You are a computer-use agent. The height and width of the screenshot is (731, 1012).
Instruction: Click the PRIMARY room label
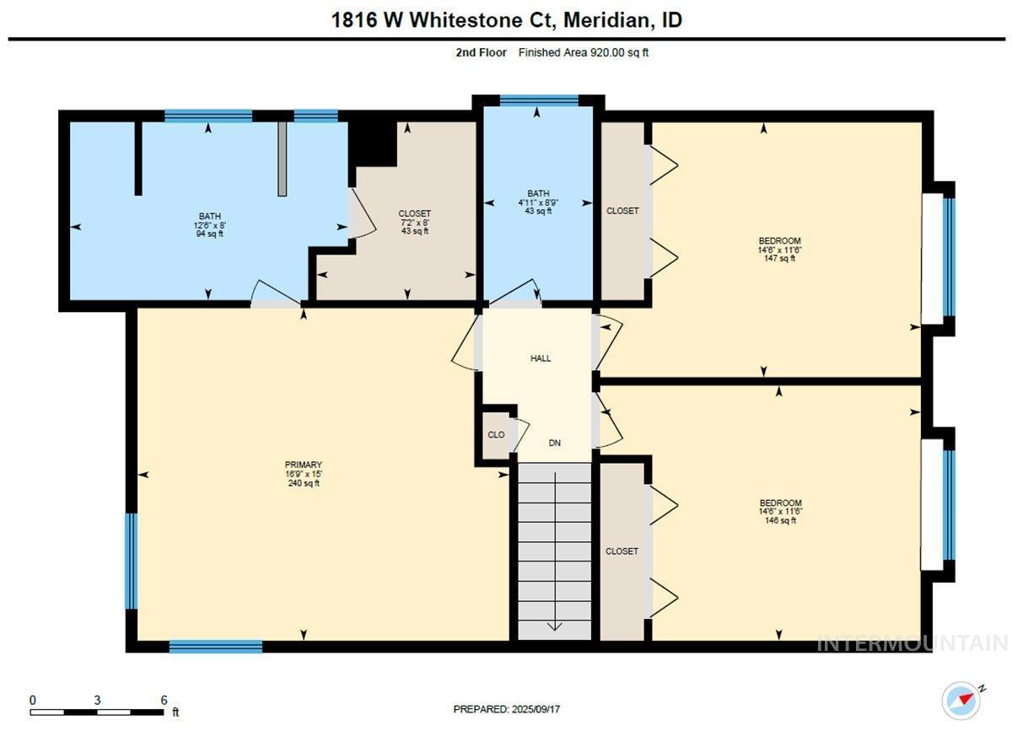pyautogui.click(x=303, y=465)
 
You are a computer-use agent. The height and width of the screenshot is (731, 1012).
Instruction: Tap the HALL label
pyautogui.click(x=541, y=358)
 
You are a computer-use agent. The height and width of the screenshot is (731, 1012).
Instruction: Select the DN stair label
pyautogui.click(x=554, y=443)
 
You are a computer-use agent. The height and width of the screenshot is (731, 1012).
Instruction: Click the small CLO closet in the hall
pyautogui.click(x=496, y=434)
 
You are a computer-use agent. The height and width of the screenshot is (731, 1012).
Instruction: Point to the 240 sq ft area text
pyautogui.click(x=304, y=483)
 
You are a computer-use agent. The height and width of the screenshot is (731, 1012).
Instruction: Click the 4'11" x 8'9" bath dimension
pyautogui.click(x=538, y=202)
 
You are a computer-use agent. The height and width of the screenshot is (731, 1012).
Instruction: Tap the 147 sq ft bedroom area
pyautogui.click(x=780, y=258)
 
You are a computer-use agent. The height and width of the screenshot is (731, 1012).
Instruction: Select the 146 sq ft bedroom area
pyautogui.click(x=780, y=520)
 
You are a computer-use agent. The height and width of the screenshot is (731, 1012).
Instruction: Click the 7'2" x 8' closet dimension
pyautogui.click(x=414, y=223)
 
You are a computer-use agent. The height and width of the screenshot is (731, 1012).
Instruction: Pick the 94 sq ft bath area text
pyautogui.click(x=210, y=234)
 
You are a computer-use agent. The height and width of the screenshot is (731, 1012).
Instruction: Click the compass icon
pyautogui.click(x=961, y=701)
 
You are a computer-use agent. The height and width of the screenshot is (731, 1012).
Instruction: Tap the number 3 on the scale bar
pyautogui.click(x=97, y=701)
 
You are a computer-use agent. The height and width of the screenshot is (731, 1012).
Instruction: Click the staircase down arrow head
pyautogui.click(x=554, y=626)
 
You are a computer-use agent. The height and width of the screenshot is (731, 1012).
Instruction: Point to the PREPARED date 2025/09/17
pyautogui.click(x=536, y=709)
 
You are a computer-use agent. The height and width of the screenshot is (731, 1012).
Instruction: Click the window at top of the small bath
pyautogui.click(x=539, y=100)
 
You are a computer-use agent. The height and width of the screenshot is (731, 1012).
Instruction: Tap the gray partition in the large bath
pyautogui.click(x=282, y=159)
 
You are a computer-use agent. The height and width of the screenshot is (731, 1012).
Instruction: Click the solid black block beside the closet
pyautogui.click(x=372, y=144)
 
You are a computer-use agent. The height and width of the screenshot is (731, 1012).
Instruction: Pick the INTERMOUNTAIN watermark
pyautogui.click(x=912, y=643)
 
